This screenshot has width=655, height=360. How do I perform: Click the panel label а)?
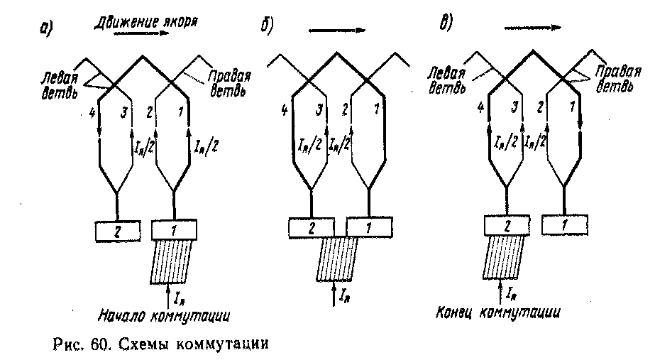click(x=46, y=29)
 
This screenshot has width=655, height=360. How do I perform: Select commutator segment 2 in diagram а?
click(x=116, y=230)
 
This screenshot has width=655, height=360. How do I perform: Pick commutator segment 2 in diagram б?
click(x=310, y=227)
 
